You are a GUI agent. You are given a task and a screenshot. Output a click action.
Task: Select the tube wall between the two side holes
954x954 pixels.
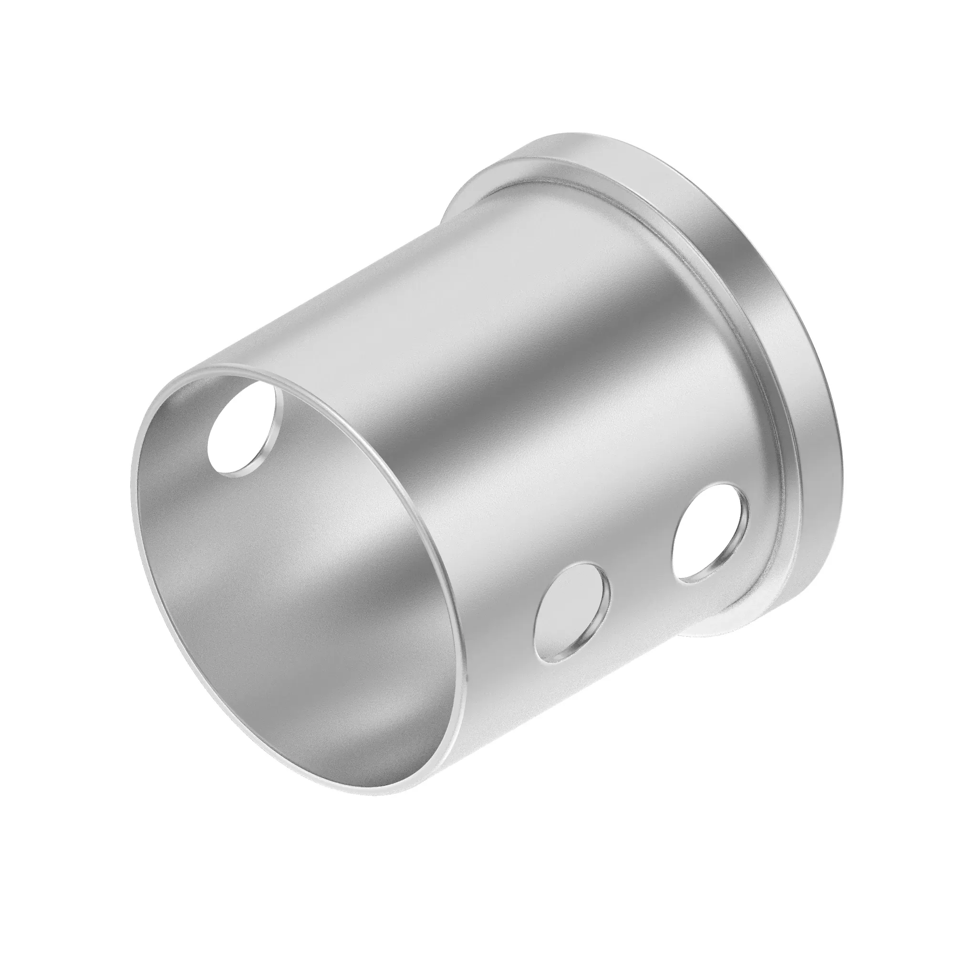[x=642, y=578]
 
